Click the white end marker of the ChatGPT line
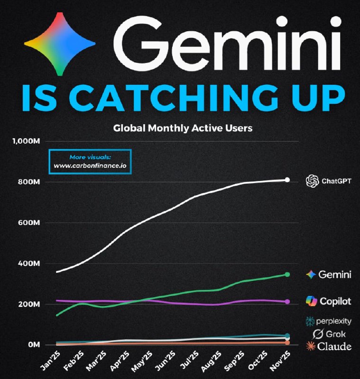(287, 180)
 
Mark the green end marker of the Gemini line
(287, 274)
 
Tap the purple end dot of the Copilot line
(287, 301)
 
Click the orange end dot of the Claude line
(287, 343)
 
